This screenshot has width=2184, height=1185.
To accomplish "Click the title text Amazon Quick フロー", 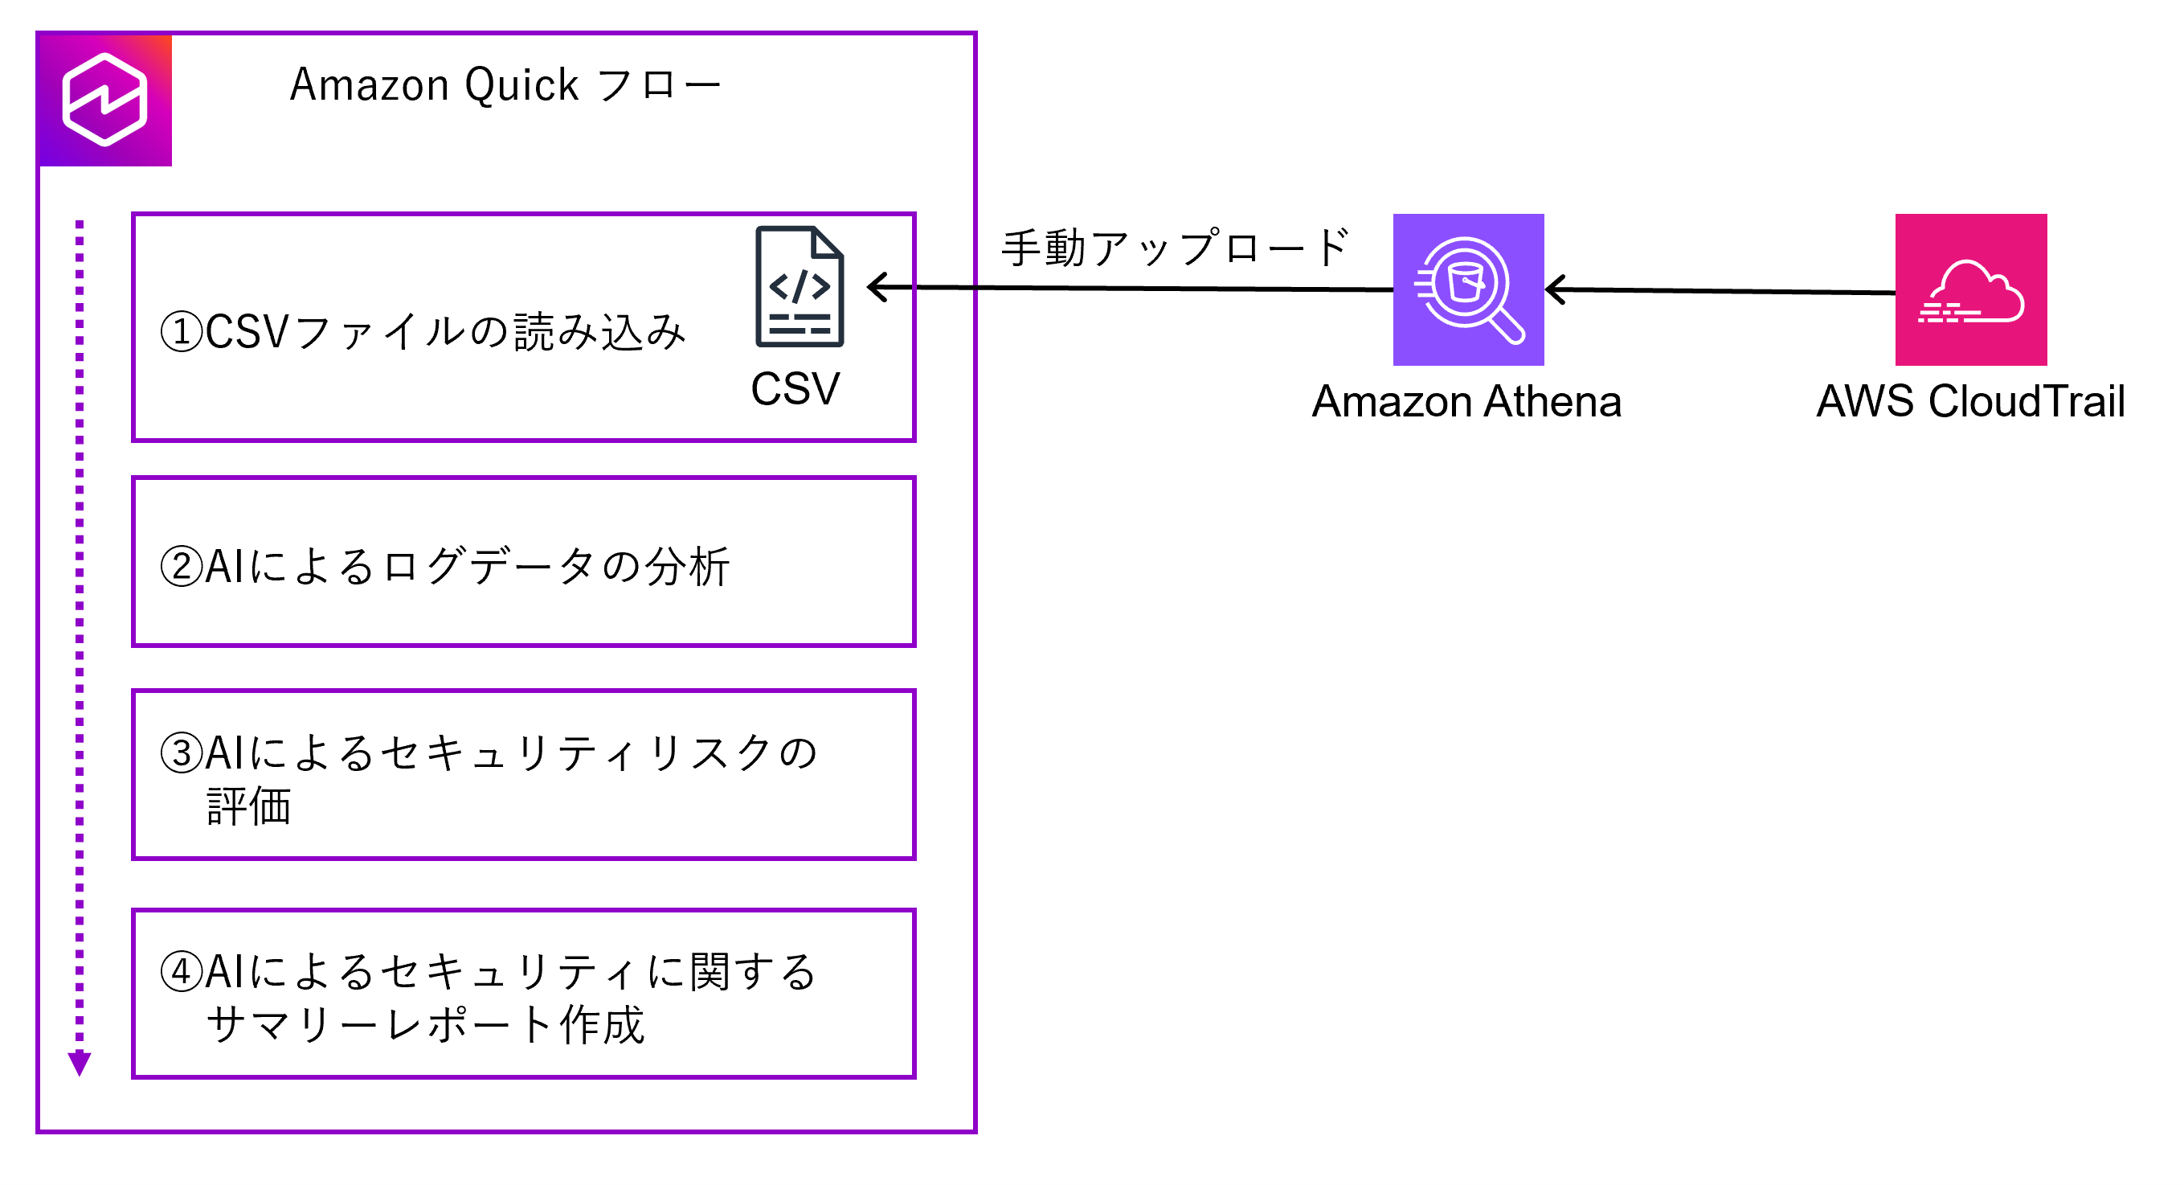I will [505, 86].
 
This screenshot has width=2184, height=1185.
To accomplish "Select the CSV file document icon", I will [799, 287].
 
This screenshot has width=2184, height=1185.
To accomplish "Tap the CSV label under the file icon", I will [795, 389].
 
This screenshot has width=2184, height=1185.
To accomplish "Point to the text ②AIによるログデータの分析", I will [445, 567].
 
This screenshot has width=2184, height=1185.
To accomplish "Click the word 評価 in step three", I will [249, 806].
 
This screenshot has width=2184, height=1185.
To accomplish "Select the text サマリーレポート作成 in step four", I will [426, 1025].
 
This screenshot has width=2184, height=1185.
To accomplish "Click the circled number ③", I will [182, 753].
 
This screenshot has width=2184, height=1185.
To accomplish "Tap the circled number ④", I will [182, 972].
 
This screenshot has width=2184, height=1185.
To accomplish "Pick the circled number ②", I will [182, 567].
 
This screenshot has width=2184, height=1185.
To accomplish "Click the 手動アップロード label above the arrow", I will [1174, 248].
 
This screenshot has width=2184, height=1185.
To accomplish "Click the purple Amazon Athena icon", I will [1467, 289].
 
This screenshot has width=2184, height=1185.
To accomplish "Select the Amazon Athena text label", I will [1466, 401].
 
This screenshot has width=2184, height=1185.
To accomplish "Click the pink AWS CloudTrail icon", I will [1970, 289].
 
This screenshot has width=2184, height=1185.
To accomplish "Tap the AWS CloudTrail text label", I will [1970, 401].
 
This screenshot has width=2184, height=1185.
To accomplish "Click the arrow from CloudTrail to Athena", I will [1721, 291].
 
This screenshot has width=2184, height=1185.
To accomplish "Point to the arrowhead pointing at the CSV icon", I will [877, 287].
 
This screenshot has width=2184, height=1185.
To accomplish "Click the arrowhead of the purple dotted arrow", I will [80, 1064].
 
